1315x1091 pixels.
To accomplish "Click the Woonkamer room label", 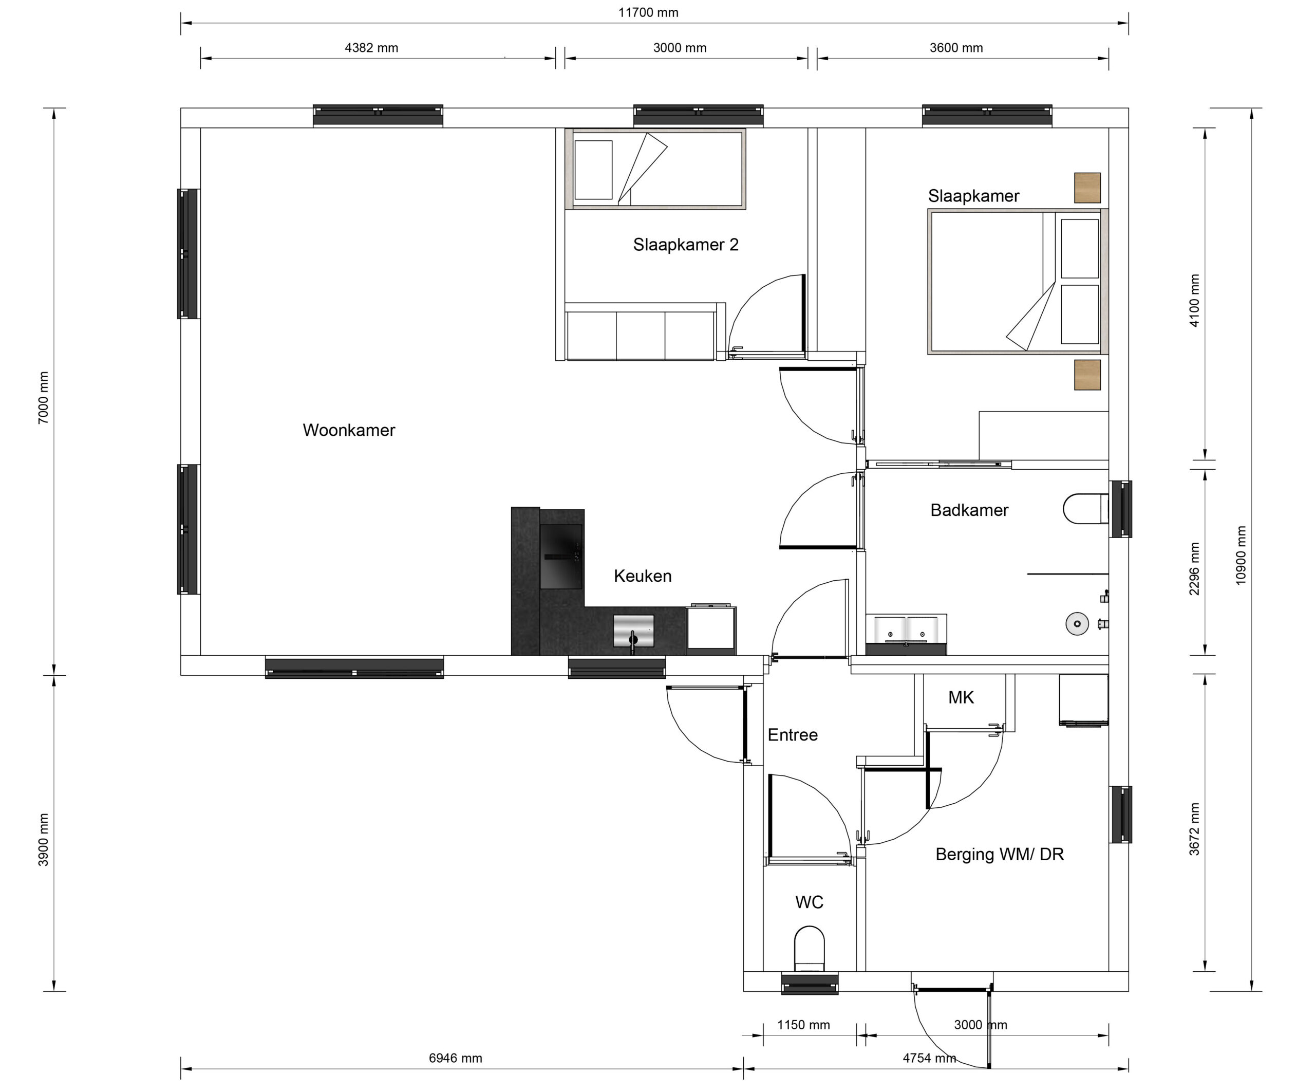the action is pyautogui.click(x=349, y=430).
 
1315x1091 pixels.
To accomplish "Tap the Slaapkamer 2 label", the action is pyautogui.click(x=686, y=245).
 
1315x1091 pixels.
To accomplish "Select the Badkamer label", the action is pyautogui.click(x=969, y=510).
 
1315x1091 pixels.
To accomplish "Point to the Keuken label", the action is pyautogui.click(x=643, y=576).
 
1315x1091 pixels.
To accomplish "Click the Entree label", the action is pyautogui.click(x=793, y=735).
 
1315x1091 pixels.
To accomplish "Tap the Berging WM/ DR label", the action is pyautogui.click(x=1000, y=854).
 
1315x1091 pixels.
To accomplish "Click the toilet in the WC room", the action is pyautogui.click(x=809, y=948).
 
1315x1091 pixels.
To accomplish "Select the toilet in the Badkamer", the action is pyautogui.click(x=1086, y=509).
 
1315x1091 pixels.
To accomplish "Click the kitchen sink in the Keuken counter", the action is pyautogui.click(x=633, y=631).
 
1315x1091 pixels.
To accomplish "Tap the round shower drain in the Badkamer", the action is pyautogui.click(x=1077, y=624).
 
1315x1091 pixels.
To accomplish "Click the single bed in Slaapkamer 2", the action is pyautogui.click(x=655, y=169).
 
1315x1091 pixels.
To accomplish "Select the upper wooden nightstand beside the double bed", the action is pyautogui.click(x=1087, y=188).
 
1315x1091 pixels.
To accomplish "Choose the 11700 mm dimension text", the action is pyautogui.click(x=648, y=12).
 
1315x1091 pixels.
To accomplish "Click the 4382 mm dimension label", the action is pyautogui.click(x=371, y=48).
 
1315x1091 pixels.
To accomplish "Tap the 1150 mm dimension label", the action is pyautogui.click(x=803, y=1025).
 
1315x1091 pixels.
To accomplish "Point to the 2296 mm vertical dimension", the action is pyautogui.click(x=1194, y=569).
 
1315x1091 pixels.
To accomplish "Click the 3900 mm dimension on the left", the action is pyautogui.click(x=43, y=840).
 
